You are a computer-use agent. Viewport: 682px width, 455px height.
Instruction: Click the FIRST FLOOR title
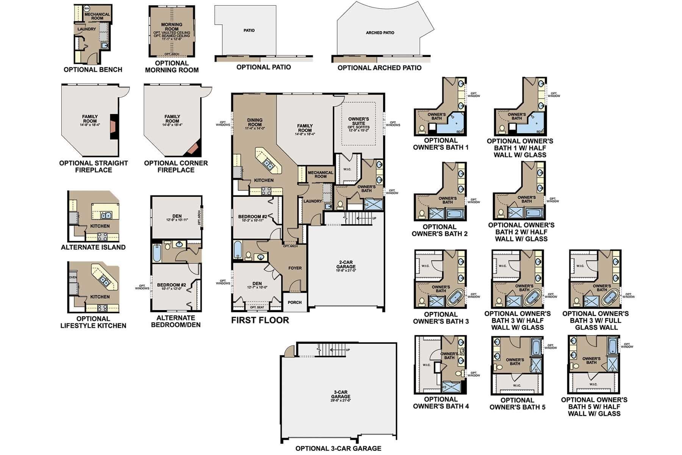(x=260, y=320)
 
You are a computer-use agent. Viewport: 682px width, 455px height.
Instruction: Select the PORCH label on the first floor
(x=294, y=302)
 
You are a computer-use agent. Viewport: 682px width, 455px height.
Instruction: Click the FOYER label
(x=295, y=268)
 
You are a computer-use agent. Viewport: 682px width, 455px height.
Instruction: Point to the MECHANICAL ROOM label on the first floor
(x=320, y=174)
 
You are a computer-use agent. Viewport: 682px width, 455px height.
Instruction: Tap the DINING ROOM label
(x=255, y=122)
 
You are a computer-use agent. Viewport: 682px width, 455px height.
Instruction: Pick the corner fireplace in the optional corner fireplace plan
(x=193, y=149)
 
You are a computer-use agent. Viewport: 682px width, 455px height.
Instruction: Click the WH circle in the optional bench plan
(x=86, y=8)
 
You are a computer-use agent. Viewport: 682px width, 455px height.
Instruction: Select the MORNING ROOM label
(x=172, y=27)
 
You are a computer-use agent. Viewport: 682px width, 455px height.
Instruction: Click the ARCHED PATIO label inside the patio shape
(x=380, y=33)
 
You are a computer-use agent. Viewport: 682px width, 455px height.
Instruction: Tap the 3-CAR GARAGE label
(x=338, y=394)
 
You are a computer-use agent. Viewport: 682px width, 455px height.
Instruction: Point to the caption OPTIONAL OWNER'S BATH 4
(x=441, y=403)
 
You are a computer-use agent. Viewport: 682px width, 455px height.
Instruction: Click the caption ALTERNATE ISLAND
(x=93, y=247)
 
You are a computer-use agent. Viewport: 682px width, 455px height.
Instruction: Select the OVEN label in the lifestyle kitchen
(x=73, y=277)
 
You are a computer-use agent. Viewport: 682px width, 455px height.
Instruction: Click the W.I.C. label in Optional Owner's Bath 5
(x=517, y=386)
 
